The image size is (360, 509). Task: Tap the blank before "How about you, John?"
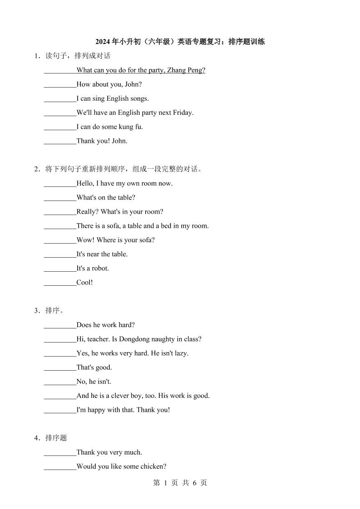click(x=60, y=85)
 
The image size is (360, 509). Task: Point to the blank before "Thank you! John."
click(x=60, y=141)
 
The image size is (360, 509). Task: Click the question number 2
click(x=36, y=169)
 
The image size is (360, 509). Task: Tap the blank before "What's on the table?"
click(x=60, y=198)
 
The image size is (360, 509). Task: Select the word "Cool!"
click(x=84, y=282)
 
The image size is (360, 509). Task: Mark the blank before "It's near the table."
click(x=60, y=254)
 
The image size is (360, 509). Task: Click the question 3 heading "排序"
click(x=53, y=311)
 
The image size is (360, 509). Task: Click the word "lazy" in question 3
click(x=181, y=353)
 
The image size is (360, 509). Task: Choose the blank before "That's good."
click(x=60, y=367)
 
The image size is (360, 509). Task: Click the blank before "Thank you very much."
click(x=60, y=453)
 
